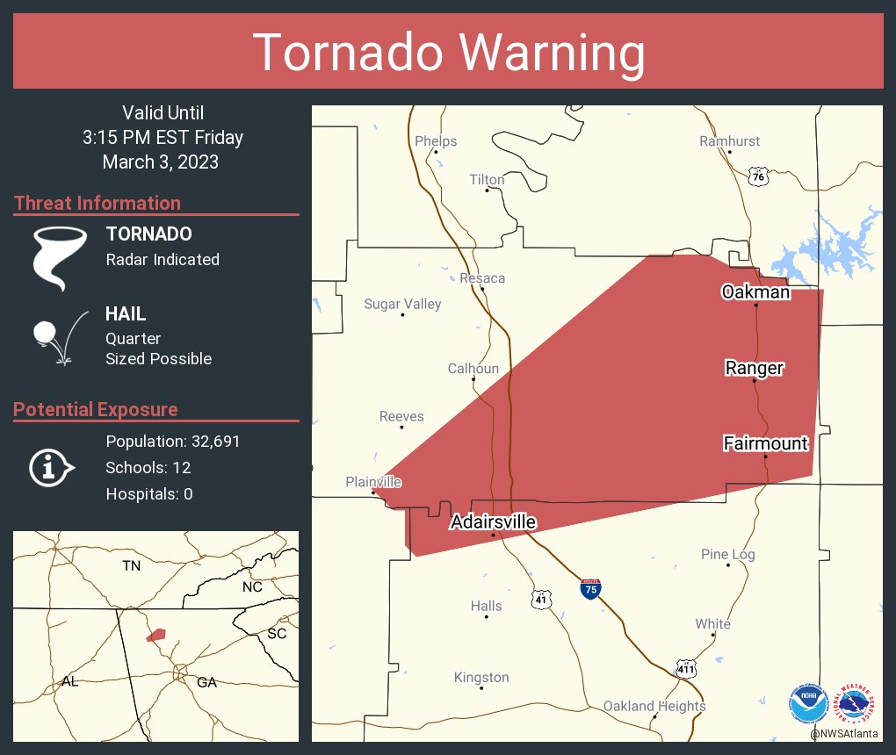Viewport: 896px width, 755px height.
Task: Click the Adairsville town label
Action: click(x=493, y=522)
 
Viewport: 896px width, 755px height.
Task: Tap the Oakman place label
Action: click(x=755, y=291)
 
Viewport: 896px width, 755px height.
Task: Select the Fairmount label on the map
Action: click(x=765, y=443)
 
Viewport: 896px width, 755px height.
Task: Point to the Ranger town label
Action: click(x=754, y=368)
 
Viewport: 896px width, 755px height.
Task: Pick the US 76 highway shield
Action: click(x=758, y=176)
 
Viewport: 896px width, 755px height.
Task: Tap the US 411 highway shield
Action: click(x=687, y=669)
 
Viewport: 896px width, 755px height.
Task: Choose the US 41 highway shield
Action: click(x=541, y=599)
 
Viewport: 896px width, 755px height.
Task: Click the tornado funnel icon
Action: click(x=60, y=257)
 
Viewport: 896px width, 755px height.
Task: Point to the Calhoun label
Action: click(x=473, y=369)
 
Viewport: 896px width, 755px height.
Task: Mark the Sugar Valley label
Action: click(x=402, y=304)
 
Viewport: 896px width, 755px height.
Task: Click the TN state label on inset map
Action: click(x=131, y=566)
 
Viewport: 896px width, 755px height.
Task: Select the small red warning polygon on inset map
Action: click(x=156, y=634)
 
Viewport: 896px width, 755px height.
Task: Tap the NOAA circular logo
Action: click(x=807, y=701)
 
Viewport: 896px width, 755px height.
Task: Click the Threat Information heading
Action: click(x=98, y=203)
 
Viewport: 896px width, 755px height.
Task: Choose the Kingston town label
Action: click(x=481, y=677)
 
